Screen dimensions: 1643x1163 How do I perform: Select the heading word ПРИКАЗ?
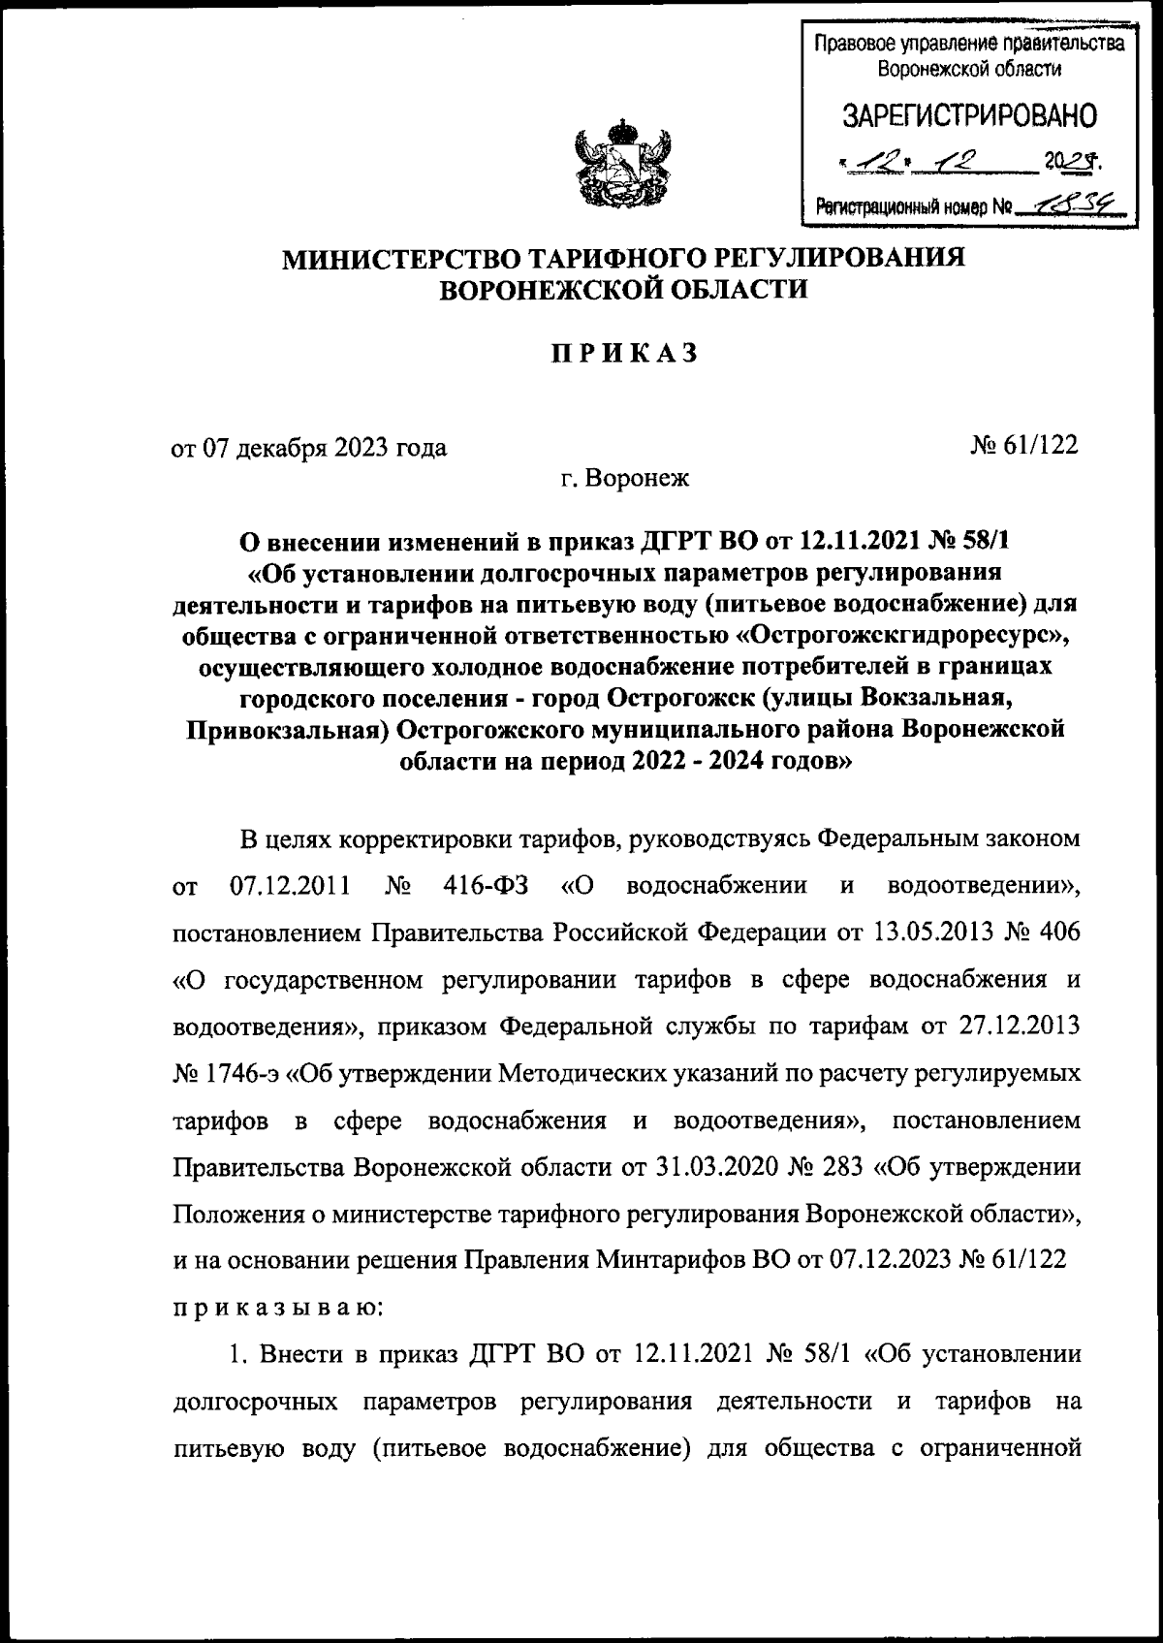point(624,355)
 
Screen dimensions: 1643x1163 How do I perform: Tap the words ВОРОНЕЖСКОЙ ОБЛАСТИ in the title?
point(624,290)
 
